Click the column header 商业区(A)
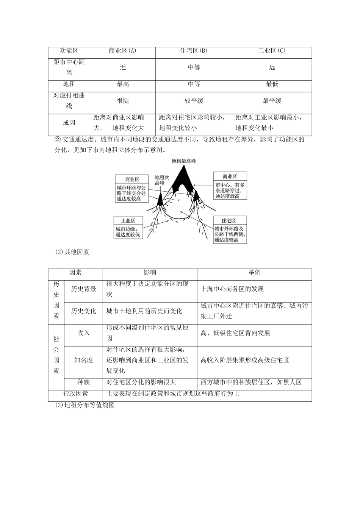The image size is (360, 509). [x=122, y=51]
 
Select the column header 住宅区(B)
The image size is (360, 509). [x=194, y=51]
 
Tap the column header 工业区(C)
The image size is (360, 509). [x=272, y=51]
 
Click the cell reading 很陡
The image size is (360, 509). [x=122, y=101]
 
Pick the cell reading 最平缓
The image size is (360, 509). [x=272, y=101]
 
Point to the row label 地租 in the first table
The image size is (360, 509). [x=69, y=84]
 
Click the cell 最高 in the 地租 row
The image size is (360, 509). [x=122, y=84]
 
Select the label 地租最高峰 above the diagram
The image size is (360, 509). [x=183, y=161]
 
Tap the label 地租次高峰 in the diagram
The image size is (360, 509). [x=162, y=180]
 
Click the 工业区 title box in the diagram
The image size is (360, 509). [x=128, y=220]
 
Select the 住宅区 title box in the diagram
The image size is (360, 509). [x=229, y=220]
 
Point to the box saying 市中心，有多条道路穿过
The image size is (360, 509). [x=230, y=190]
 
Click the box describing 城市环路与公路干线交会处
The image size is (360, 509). [x=131, y=193]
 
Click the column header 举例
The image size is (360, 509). [x=254, y=272]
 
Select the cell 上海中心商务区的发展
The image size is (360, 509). [x=232, y=289]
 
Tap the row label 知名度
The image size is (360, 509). [x=83, y=360]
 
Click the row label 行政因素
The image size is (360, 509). [x=75, y=394]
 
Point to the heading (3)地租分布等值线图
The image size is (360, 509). [x=85, y=405]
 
